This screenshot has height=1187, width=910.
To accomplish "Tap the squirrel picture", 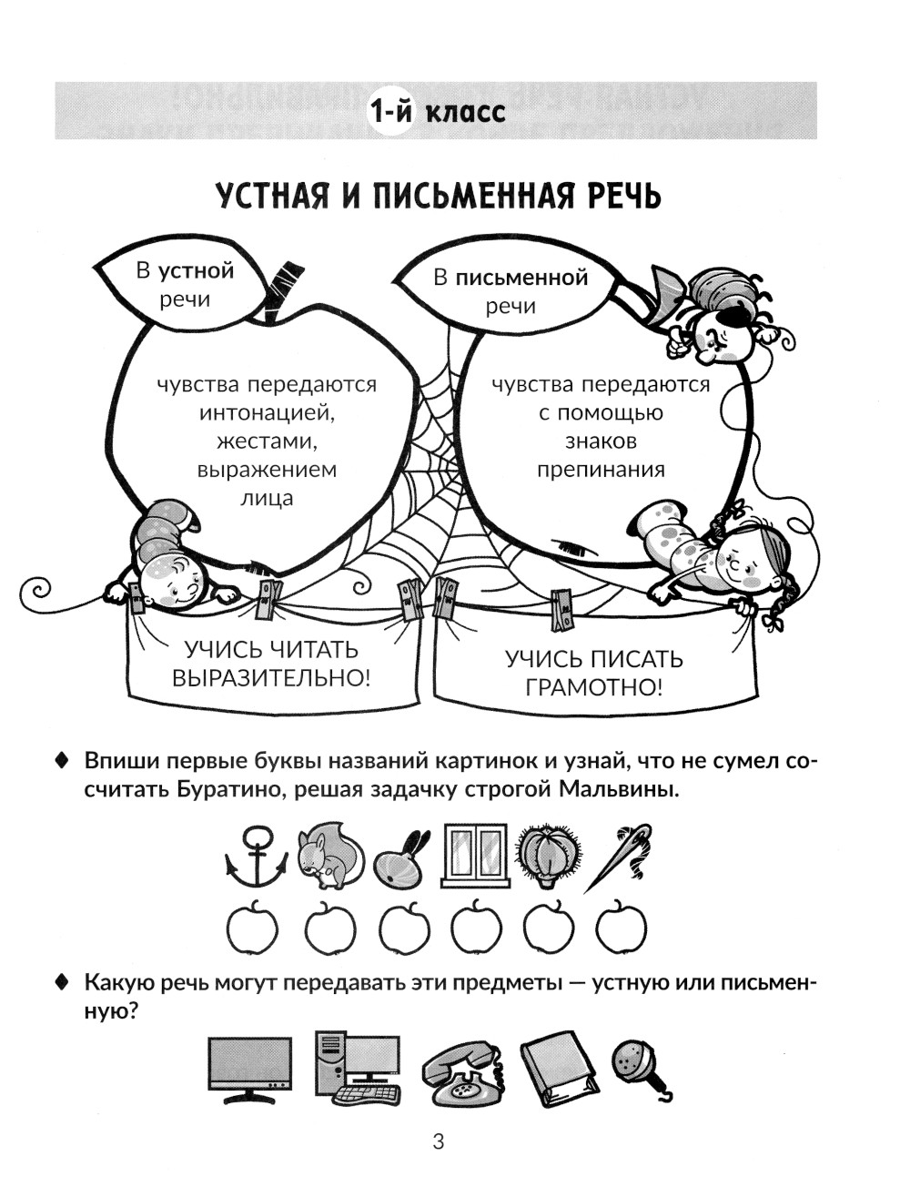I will coord(329,857).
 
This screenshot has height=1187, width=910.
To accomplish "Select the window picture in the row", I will coord(474,855).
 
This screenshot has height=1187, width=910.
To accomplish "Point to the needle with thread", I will coord(618,857).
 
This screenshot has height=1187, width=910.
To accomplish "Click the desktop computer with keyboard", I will coord(358,1068).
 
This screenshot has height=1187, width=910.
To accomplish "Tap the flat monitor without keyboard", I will coord(250,1068).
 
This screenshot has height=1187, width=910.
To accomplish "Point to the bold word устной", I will coord(197,270).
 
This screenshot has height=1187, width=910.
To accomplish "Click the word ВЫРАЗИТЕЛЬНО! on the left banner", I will coord(272,678).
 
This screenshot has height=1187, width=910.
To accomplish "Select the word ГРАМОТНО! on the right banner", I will coord(594,686).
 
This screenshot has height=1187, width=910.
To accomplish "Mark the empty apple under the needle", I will coord(621,928).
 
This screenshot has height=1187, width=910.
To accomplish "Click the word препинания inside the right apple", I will coord(601,470).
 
